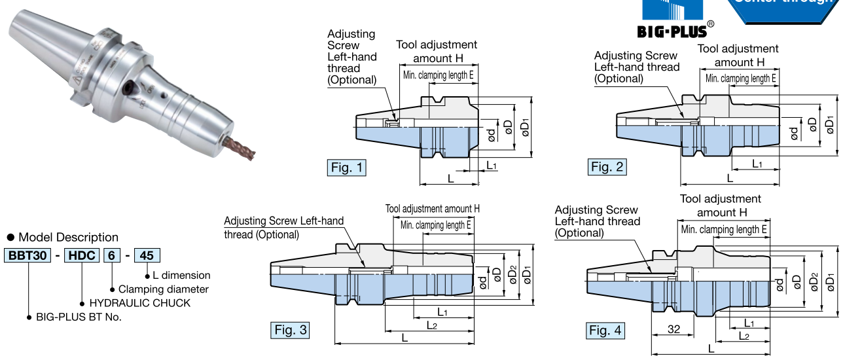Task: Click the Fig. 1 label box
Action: point(346,168)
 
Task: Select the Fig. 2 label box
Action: point(607,167)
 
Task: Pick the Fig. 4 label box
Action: point(605,331)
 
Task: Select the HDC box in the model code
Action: point(81,255)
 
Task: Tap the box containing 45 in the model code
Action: point(146,255)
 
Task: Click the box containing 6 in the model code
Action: point(112,255)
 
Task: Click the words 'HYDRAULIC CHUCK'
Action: point(139,303)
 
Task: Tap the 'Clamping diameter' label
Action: point(164,289)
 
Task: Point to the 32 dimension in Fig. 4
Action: point(672,331)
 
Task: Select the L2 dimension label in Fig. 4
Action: point(744,335)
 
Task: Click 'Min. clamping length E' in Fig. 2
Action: point(740,79)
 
